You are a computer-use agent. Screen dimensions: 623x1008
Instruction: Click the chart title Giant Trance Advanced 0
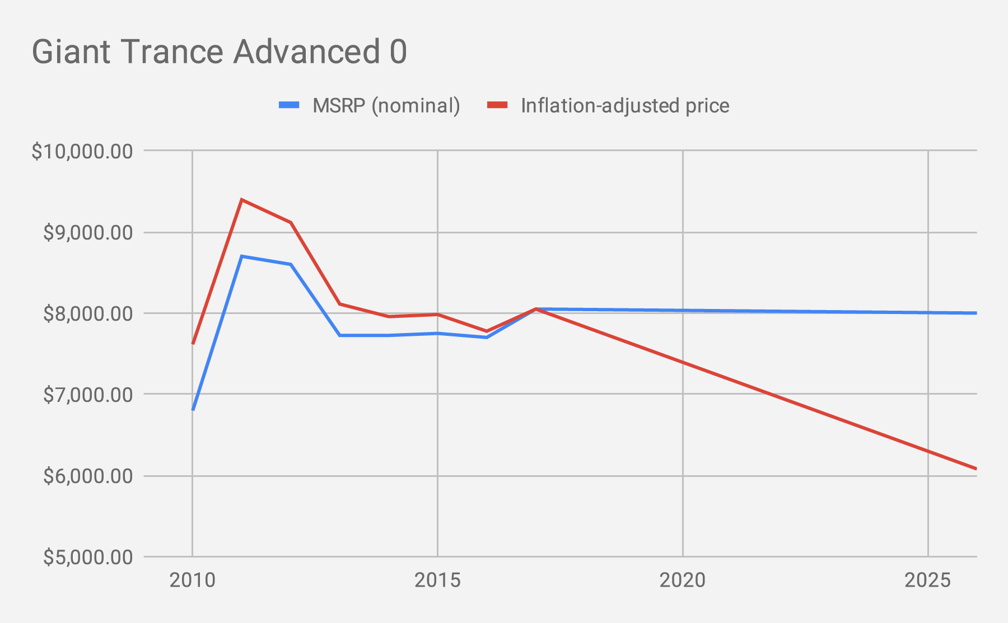click(219, 52)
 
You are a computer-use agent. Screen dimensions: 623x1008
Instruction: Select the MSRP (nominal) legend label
click(386, 105)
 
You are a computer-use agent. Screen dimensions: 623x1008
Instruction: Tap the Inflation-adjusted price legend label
click(624, 105)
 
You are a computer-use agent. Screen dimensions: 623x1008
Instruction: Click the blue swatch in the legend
click(290, 105)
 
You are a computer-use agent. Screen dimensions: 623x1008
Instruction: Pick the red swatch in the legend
click(497, 105)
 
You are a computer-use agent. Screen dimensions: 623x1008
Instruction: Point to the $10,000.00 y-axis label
click(82, 151)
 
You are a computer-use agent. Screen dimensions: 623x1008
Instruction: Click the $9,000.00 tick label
click(88, 232)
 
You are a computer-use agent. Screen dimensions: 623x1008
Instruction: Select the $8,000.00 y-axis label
click(88, 313)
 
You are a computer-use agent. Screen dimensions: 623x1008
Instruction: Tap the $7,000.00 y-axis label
click(88, 395)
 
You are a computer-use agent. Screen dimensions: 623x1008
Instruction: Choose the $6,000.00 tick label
click(88, 476)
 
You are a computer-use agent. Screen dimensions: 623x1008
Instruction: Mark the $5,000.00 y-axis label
click(88, 557)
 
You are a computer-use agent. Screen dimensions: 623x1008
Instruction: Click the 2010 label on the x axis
click(192, 580)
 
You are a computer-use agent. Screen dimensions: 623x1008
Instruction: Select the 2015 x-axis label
click(437, 580)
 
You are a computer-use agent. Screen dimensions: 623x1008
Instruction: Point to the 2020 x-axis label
click(683, 580)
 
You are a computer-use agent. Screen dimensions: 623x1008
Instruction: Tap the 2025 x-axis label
click(928, 580)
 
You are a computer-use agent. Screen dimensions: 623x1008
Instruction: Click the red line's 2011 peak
click(241, 199)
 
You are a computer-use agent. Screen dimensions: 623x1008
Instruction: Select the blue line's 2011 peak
click(241, 256)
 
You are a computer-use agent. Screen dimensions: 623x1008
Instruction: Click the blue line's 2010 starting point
click(193, 409)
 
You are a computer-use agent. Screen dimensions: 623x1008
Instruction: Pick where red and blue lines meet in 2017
click(536, 309)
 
